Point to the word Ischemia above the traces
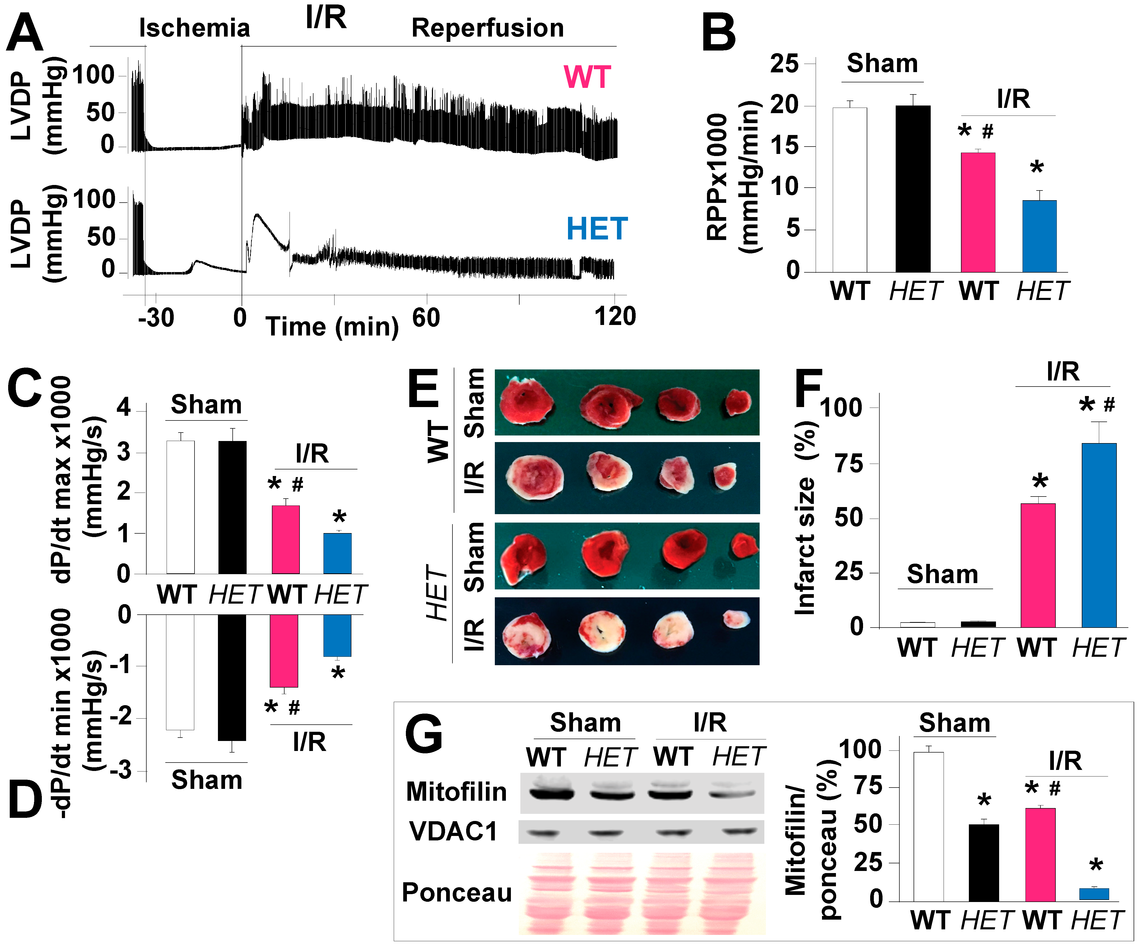click(195, 28)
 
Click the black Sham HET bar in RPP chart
click(913, 189)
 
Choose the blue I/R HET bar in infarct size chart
click(1099, 535)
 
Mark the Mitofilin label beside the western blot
click(456, 791)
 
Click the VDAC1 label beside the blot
click(453, 831)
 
